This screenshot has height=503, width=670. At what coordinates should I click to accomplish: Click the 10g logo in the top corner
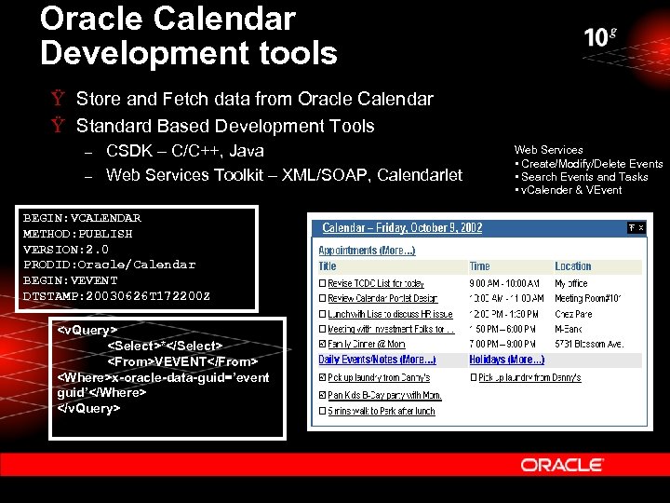click(600, 37)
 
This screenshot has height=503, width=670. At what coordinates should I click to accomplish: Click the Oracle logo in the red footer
click(562, 464)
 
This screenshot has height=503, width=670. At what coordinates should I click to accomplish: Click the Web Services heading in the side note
click(549, 149)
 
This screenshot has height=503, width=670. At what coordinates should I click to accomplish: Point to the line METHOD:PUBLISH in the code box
click(77, 234)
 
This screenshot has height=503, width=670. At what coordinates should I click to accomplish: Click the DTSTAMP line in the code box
click(116, 295)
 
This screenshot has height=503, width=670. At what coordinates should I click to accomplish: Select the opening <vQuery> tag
click(87, 330)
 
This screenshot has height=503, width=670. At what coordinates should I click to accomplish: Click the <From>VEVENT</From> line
click(182, 360)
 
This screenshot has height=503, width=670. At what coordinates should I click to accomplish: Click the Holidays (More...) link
click(507, 360)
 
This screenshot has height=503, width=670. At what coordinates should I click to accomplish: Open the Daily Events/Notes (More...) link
click(377, 360)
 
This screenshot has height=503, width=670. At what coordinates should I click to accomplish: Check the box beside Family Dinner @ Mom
click(322, 345)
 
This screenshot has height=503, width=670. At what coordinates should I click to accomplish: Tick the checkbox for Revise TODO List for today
click(322, 282)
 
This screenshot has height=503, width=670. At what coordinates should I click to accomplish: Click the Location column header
click(572, 266)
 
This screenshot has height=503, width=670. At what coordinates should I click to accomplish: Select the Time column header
click(479, 266)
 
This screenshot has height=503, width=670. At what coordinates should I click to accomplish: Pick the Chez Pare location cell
click(573, 314)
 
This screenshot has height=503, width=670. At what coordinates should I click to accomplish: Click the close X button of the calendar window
click(641, 227)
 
